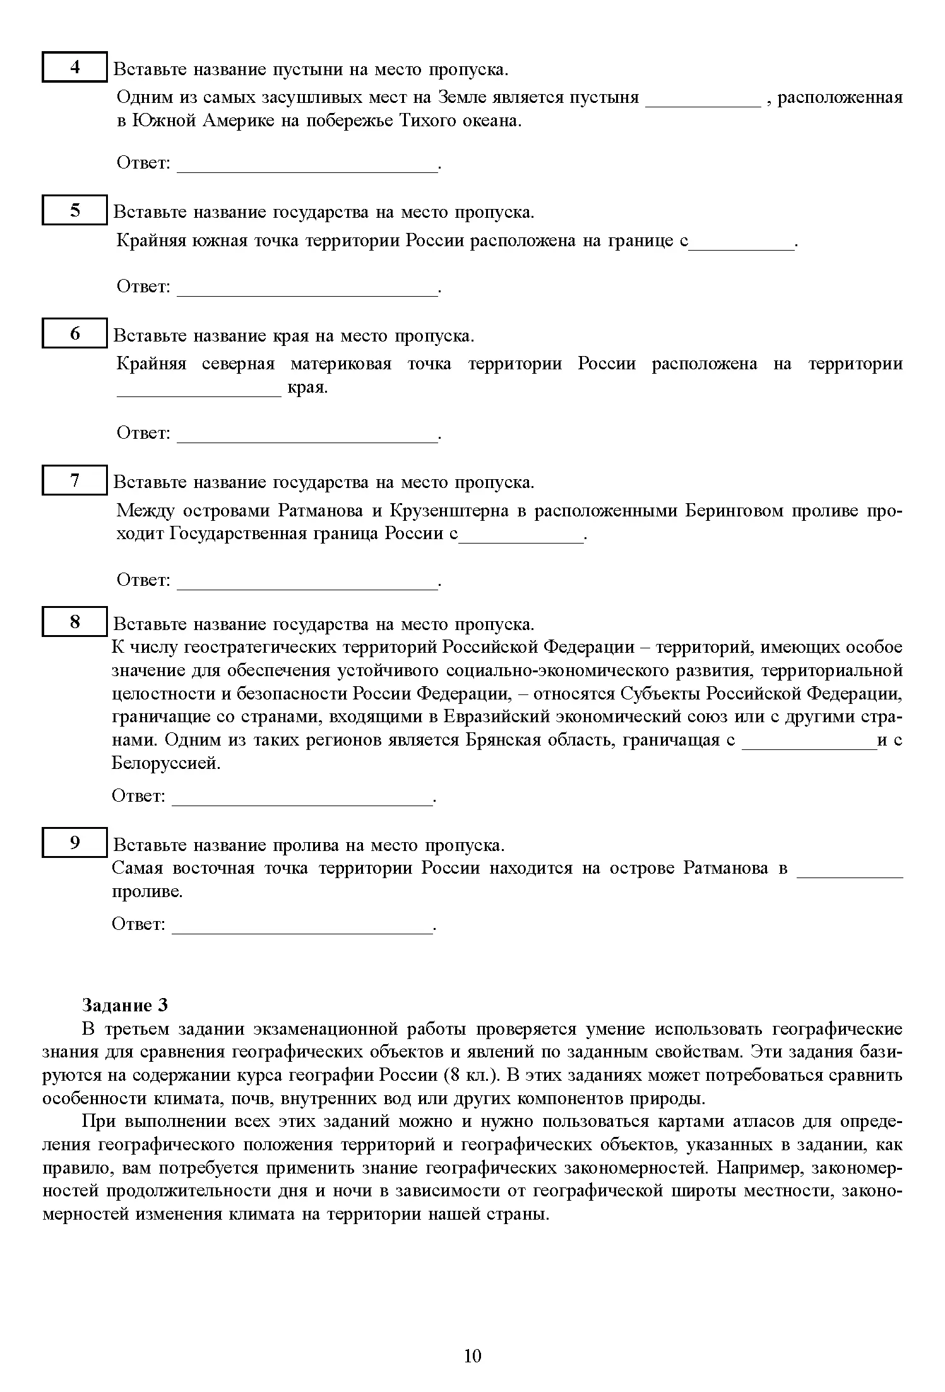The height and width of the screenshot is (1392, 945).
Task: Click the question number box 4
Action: pyautogui.click(x=74, y=67)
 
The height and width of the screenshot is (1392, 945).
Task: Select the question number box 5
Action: pyautogui.click(x=74, y=210)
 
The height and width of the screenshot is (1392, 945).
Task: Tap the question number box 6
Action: pyautogui.click(x=74, y=333)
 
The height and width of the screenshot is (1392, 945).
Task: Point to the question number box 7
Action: pyautogui.click(x=74, y=480)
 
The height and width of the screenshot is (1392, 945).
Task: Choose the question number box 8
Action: pyautogui.click(x=74, y=622)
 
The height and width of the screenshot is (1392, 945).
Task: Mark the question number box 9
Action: pyautogui.click(x=74, y=843)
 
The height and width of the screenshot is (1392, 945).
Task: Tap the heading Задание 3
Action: pyautogui.click(x=125, y=1005)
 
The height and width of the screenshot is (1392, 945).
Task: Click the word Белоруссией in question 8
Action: pyautogui.click(x=166, y=763)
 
